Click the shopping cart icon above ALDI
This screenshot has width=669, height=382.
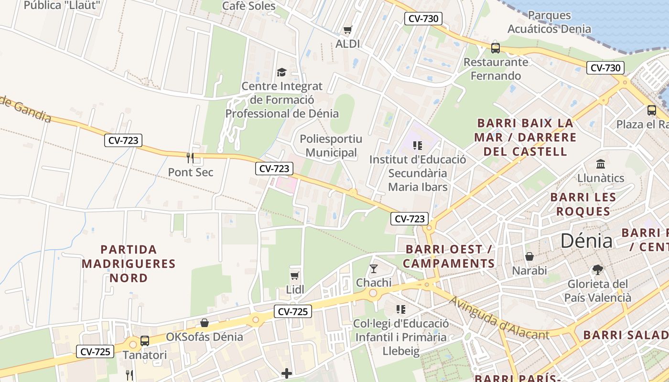pos(347,30)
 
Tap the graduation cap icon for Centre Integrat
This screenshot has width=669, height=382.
pos(281,72)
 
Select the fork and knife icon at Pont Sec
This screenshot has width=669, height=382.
pos(190,158)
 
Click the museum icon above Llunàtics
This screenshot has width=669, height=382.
pos(601,164)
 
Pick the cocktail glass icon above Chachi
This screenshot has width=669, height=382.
pos(374,268)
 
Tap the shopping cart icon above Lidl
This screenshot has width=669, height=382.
pos(295,276)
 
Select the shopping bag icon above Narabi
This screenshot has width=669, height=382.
pos(529,256)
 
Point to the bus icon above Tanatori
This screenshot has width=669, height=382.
pos(144,341)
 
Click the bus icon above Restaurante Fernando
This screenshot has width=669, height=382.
pos(496,48)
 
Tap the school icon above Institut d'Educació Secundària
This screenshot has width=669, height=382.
pos(417,145)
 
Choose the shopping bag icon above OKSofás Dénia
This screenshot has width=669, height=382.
pos(205,323)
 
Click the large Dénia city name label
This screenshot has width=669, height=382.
pos(586,241)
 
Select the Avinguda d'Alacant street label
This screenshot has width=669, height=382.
pos(499,319)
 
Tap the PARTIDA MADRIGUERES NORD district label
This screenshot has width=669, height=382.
pos(129,263)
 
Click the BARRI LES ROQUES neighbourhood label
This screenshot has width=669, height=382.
pos(583,204)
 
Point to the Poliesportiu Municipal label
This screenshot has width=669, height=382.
pos(331,146)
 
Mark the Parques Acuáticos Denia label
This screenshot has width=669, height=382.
pos(549,22)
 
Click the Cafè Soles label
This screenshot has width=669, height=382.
pos(249,6)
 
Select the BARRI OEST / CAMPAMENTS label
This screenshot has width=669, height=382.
pos(449,256)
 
